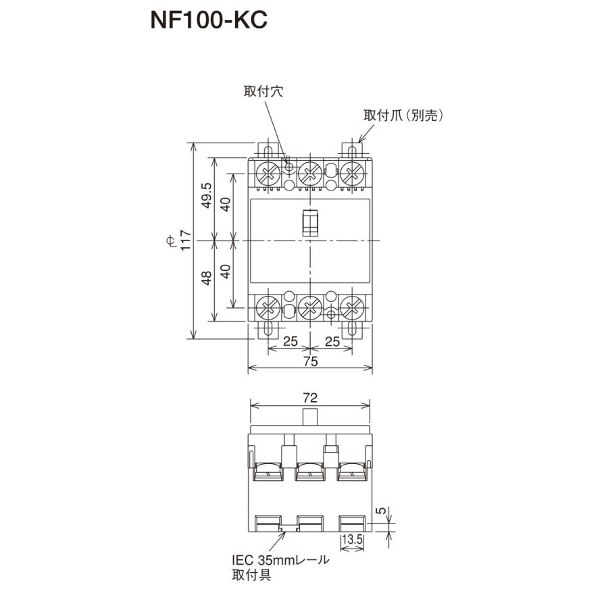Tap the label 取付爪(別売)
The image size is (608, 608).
pos(402,116)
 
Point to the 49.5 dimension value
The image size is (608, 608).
pos(207,197)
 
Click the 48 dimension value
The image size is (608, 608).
pos(207,277)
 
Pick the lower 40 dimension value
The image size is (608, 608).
pos(228,272)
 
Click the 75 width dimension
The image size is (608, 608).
pos(310,361)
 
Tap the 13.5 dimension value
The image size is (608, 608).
pos(353,540)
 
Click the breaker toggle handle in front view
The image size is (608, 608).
pos(309,222)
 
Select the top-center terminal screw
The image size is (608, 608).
pos(309,172)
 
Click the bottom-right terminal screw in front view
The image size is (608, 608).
pos(351,308)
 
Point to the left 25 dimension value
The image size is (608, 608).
pos(290,341)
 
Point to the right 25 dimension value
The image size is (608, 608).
pos(332,341)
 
